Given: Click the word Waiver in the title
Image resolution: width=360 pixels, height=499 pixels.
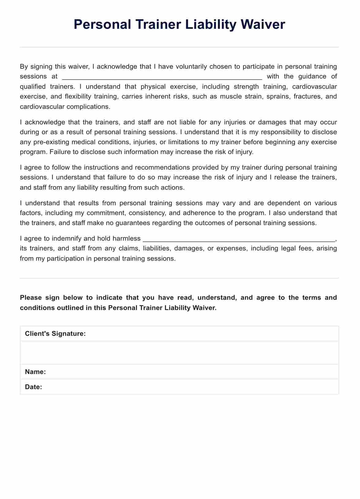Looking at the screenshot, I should pos(263,24).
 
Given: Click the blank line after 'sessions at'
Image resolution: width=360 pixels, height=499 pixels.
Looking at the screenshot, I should pos(162,77).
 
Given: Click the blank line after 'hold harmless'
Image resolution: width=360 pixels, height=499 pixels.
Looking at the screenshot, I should pos(239,239).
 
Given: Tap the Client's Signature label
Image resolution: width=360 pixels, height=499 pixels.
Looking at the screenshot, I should pos(55,334).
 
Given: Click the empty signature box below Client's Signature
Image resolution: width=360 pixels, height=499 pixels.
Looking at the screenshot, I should pos(179,353).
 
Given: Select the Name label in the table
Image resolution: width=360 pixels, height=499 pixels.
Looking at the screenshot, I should pos(36,372).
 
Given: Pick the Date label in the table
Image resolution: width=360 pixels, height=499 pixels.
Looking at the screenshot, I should pos(34,387).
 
